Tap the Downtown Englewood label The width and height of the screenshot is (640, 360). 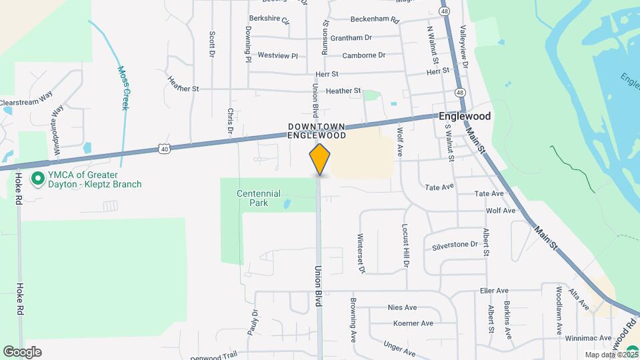click(317, 131)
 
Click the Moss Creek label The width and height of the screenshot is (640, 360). click(123, 87)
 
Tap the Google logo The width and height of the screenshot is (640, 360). click(21, 351)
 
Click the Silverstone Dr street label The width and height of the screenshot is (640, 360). click(455, 245)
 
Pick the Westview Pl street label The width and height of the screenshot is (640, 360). click(277, 55)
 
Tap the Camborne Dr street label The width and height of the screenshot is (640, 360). click(364, 55)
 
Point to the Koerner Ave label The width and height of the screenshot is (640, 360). click(413, 323)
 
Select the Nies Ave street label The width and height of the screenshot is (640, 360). click(402, 307)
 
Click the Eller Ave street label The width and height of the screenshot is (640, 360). click(494, 291)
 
